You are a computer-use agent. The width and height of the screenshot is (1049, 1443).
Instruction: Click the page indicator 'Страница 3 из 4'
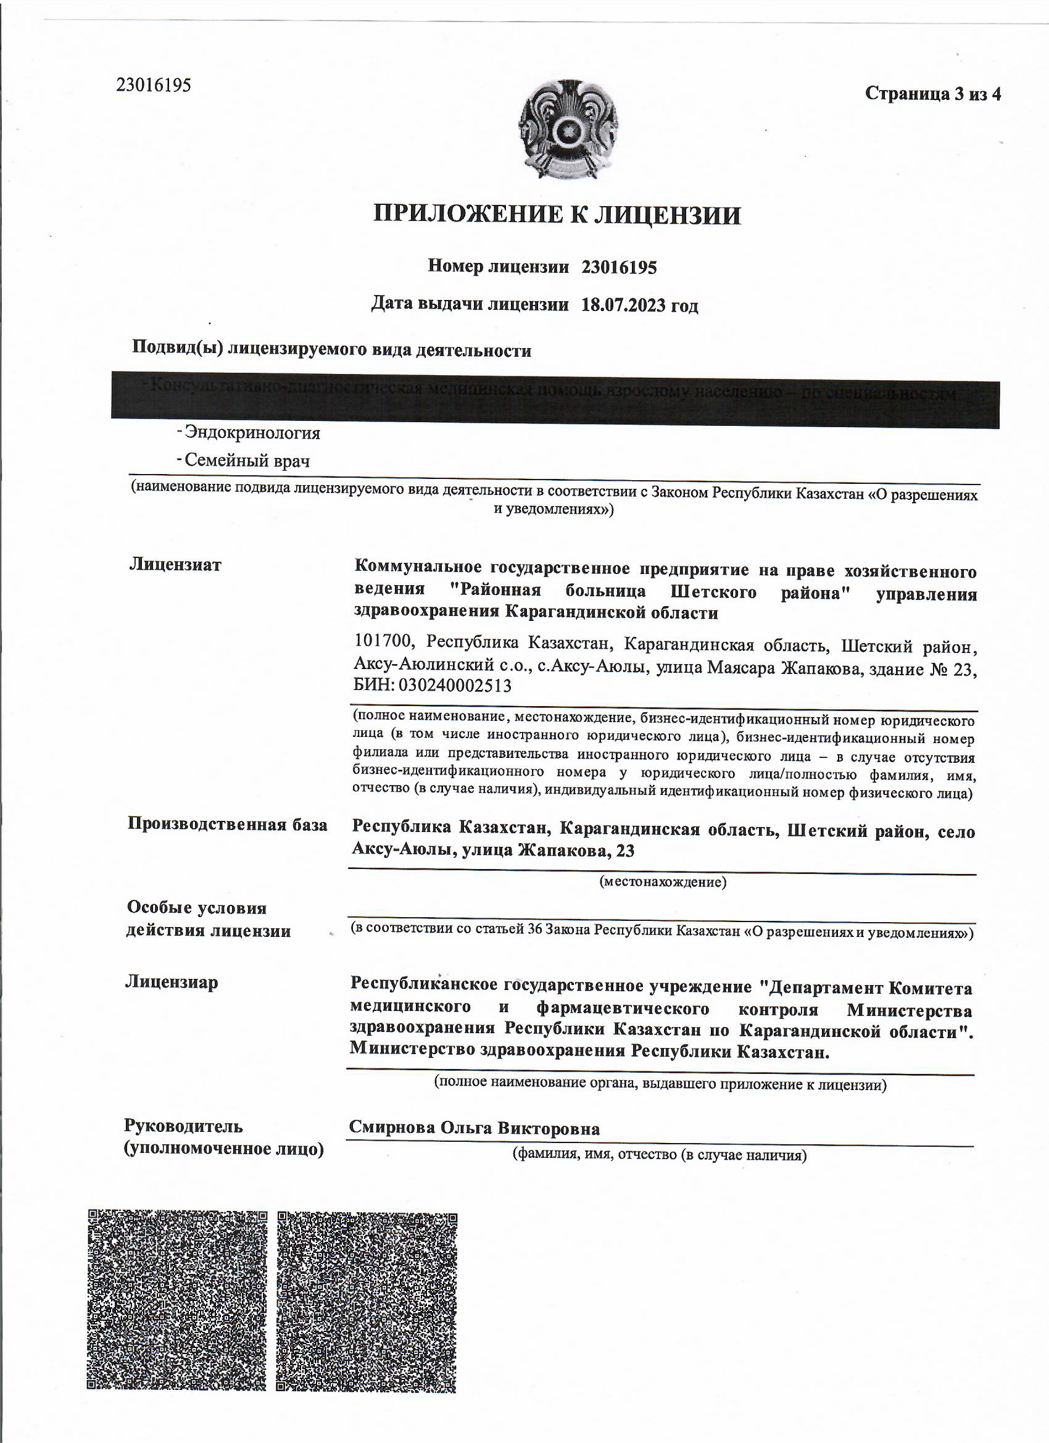(932, 94)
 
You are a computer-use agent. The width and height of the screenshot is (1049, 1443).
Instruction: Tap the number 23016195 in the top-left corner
(153, 85)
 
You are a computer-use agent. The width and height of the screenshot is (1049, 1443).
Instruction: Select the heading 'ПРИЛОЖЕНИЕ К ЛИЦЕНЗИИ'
(557, 215)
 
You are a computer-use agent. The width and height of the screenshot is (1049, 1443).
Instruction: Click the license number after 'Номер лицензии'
(618, 267)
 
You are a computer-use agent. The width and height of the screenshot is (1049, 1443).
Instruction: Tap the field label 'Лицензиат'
(176, 564)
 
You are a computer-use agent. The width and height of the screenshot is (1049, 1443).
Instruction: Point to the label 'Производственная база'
(228, 824)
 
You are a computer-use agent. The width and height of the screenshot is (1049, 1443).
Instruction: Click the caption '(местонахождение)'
(662, 882)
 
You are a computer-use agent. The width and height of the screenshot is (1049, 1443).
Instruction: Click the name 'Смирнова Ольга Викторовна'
(474, 1129)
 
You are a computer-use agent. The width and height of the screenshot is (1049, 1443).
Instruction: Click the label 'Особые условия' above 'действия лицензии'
(197, 908)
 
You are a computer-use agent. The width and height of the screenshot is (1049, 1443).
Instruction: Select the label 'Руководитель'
(183, 1126)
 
